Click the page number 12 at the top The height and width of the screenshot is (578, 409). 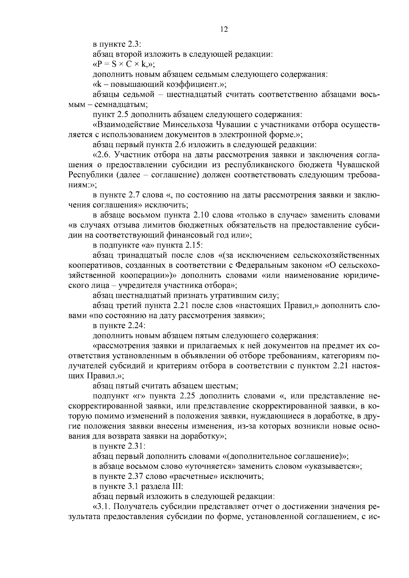[224, 29]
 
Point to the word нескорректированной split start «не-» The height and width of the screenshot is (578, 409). [373, 396]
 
